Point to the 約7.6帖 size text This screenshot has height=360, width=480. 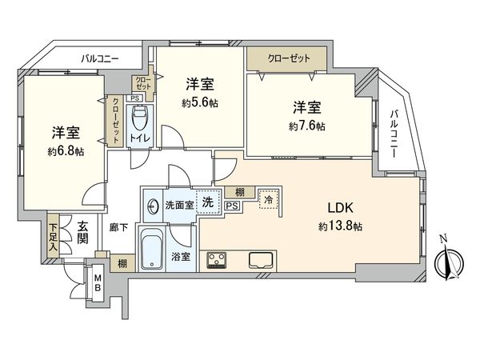click(x=308, y=126)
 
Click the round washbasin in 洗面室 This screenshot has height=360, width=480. click(x=153, y=204)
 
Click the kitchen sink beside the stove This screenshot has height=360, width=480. click(x=261, y=260)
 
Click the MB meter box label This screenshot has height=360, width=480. click(x=97, y=283)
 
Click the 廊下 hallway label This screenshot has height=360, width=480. click(x=118, y=226)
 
